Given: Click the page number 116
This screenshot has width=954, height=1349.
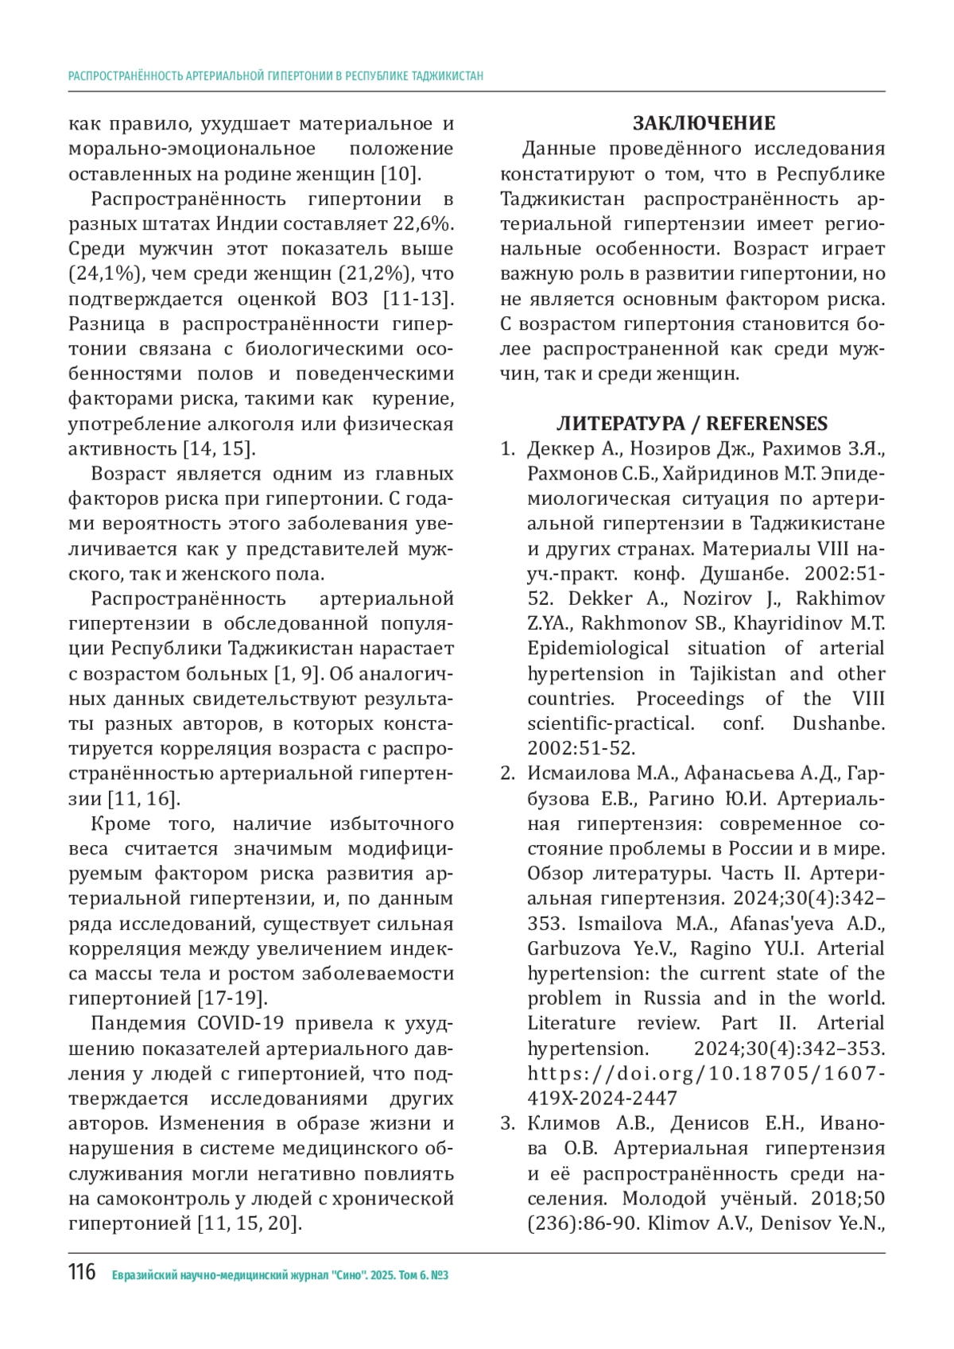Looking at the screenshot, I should click(82, 1273).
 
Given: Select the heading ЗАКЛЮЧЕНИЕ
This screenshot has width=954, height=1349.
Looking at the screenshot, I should click(704, 123).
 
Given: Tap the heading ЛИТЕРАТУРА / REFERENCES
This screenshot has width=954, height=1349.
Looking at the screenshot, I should click(692, 424).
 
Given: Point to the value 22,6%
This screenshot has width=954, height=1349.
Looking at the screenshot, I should click(424, 224).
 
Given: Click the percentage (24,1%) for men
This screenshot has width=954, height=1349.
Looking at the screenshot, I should click(99, 274).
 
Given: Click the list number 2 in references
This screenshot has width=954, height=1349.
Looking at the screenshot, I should click(507, 773).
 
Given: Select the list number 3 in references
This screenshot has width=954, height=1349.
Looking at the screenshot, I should click(507, 1123).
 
